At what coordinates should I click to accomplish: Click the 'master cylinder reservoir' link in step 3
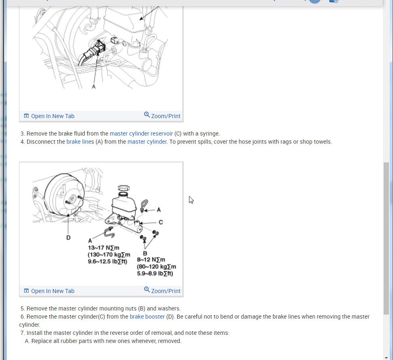[141, 134]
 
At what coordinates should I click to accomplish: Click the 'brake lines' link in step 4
[80, 142]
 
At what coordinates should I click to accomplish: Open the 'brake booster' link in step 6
[147, 317]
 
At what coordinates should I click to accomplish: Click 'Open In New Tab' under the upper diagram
[49, 116]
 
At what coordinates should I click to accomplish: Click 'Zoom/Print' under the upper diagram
[162, 116]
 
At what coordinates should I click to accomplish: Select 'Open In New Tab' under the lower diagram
[49, 291]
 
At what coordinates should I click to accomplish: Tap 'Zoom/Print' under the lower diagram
[162, 291]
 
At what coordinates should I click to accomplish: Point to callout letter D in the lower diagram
[69, 237]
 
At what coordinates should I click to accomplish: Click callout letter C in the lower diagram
[161, 222]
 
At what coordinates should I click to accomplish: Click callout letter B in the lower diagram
[145, 253]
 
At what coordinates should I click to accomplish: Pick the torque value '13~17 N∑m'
[103, 248]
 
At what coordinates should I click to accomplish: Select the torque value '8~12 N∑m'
[151, 260]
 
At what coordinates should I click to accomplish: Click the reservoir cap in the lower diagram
[124, 188]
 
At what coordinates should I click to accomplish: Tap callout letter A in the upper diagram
[94, 86]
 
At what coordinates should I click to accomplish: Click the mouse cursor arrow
[191, 200]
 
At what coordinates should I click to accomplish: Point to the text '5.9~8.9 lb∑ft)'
[155, 274]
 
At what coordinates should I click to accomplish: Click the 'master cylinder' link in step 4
[147, 142]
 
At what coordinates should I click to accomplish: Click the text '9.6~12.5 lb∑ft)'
[107, 261]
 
